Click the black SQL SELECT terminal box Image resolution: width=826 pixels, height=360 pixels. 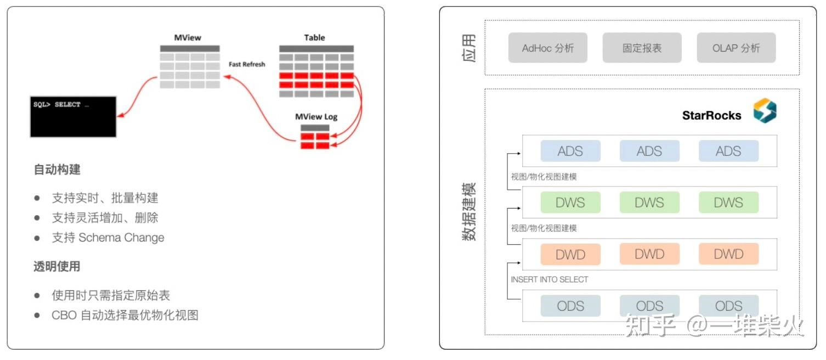[x=73, y=116]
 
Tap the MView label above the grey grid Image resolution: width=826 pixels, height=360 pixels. [x=188, y=38]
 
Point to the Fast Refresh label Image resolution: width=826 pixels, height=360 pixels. [x=247, y=64]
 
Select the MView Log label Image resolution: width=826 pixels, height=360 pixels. [x=316, y=117]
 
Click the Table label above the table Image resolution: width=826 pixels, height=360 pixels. [x=314, y=38]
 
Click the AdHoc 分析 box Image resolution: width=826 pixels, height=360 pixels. [x=547, y=48]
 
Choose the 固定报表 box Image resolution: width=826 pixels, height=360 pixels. [x=642, y=48]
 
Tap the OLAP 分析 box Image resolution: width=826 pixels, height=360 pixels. [x=736, y=48]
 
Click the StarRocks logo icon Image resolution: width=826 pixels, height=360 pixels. [x=765, y=110]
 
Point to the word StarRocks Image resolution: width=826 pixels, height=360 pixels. [x=711, y=115]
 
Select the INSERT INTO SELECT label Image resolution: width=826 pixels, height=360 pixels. [x=550, y=279]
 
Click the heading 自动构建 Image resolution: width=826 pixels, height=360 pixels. [x=57, y=170]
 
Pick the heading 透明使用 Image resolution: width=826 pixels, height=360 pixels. [x=57, y=266]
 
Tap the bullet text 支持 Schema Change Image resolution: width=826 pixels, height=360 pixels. [x=108, y=238]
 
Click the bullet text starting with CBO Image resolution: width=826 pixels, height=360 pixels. [x=125, y=315]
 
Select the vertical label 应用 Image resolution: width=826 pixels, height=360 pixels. [x=469, y=48]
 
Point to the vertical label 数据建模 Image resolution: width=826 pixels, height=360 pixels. [x=469, y=212]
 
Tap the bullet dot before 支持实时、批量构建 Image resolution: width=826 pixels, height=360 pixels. [x=37, y=198]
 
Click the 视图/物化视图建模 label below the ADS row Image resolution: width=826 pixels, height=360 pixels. [x=544, y=177]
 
